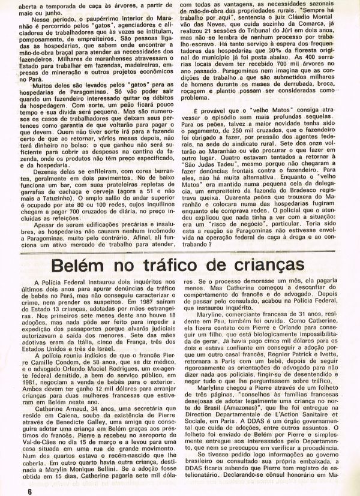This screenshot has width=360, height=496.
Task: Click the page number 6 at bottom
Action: pos(28,490)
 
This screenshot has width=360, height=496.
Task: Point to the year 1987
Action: pos(145,303)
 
